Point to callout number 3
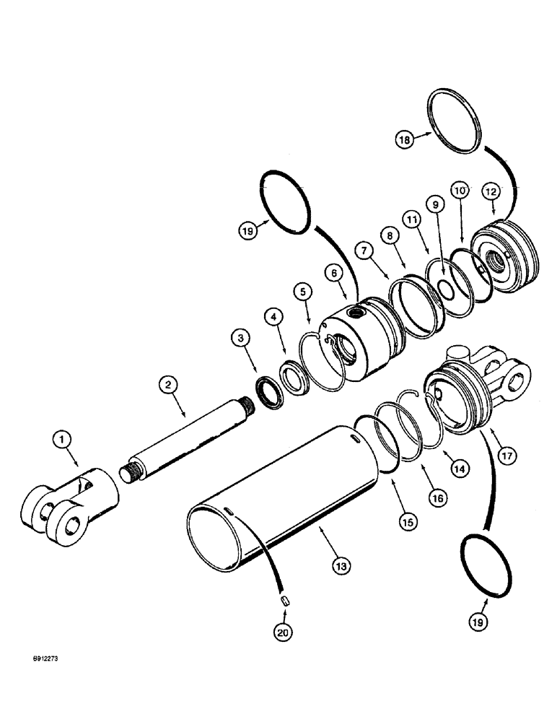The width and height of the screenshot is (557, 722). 241,338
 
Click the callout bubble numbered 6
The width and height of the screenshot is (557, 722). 333,273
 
